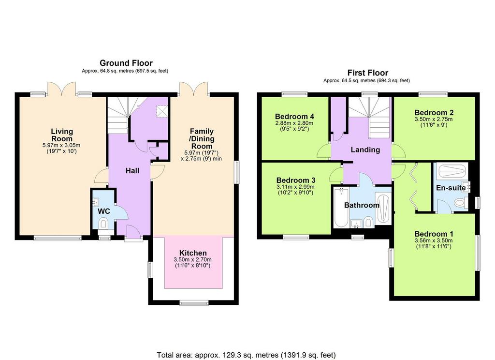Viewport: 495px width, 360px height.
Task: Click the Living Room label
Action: (62, 135)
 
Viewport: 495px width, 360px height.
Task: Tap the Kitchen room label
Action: (193, 253)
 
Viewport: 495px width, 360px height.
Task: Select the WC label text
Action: (103, 211)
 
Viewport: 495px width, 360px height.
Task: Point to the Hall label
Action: (132, 171)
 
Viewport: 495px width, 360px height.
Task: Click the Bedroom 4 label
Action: (294, 116)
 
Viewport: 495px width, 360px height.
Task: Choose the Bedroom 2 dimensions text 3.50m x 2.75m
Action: (434, 119)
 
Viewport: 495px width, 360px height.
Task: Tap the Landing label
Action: (365, 150)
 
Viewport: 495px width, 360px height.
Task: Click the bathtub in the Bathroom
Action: (341, 208)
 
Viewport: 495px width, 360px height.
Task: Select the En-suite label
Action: (451, 188)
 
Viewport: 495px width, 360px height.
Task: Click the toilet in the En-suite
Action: (461, 202)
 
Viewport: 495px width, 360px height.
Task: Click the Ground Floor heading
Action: (126, 63)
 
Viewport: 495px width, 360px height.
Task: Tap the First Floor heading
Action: (368, 73)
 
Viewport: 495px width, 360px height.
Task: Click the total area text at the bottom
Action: (246, 355)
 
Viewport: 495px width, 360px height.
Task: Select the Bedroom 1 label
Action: (434, 234)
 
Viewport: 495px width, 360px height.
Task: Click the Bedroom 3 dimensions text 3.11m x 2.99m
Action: (295, 187)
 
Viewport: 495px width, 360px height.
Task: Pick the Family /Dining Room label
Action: (202, 139)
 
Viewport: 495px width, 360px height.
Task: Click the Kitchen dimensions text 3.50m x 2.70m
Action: (192, 259)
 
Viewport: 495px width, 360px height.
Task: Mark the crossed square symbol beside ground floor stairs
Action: (162, 111)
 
